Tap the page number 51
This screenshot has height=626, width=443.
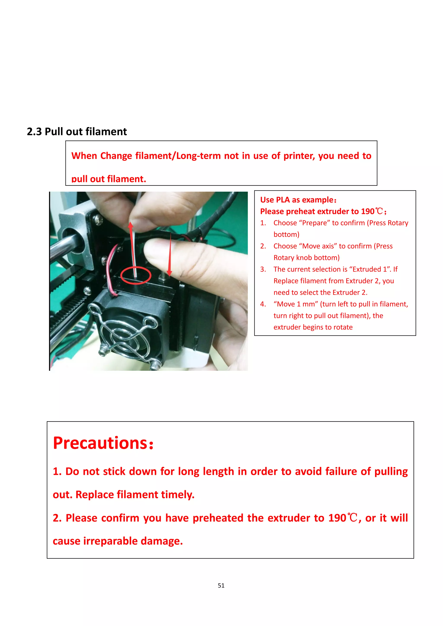click(x=221, y=585)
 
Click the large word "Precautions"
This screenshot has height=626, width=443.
click(x=100, y=443)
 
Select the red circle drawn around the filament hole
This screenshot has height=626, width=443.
click(x=136, y=276)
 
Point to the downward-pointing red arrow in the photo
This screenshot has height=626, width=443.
click(x=170, y=256)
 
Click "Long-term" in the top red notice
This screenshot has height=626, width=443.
click(x=198, y=156)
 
